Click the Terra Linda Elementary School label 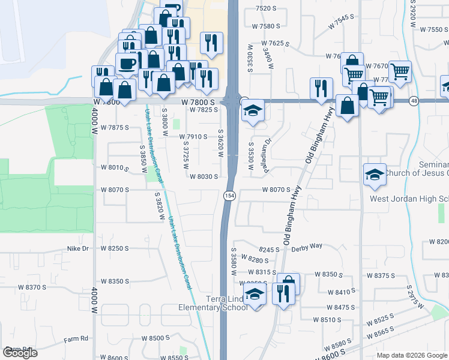click(212, 304)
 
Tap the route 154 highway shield click(229, 196)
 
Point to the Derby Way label click(308, 246)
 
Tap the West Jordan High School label click(408, 199)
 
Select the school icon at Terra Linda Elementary click(255, 295)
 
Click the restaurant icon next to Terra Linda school click(282, 293)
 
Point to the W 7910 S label click(193, 137)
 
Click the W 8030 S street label click(203, 176)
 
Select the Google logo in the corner click(20, 352)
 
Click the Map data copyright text click(411, 355)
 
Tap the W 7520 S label click(266, 8)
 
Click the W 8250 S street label click(115, 248)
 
